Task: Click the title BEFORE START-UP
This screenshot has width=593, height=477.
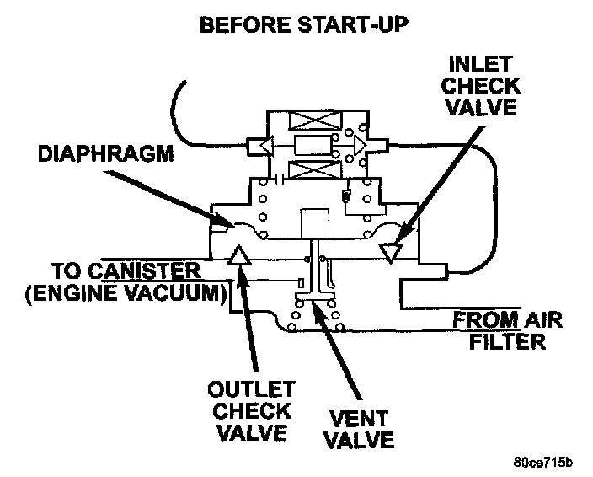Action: point(303,24)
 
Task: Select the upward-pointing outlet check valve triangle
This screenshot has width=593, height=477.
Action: point(240,255)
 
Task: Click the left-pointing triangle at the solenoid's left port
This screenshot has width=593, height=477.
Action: point(265,146)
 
